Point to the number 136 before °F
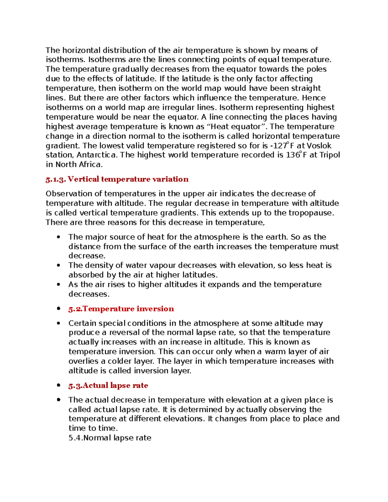click(x=293, y=155)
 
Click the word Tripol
click(x=329, y=155)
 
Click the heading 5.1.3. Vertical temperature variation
click(x=117, y=179)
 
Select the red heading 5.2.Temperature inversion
click(x=121, y=309)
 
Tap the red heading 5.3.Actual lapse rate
click(x=108, y=386)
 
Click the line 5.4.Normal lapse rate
click(x=110, y=438)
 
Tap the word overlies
click(x=83, y=361)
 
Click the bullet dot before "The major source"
click(x=59, y=237)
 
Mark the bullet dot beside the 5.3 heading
click(x=59, y=385)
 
